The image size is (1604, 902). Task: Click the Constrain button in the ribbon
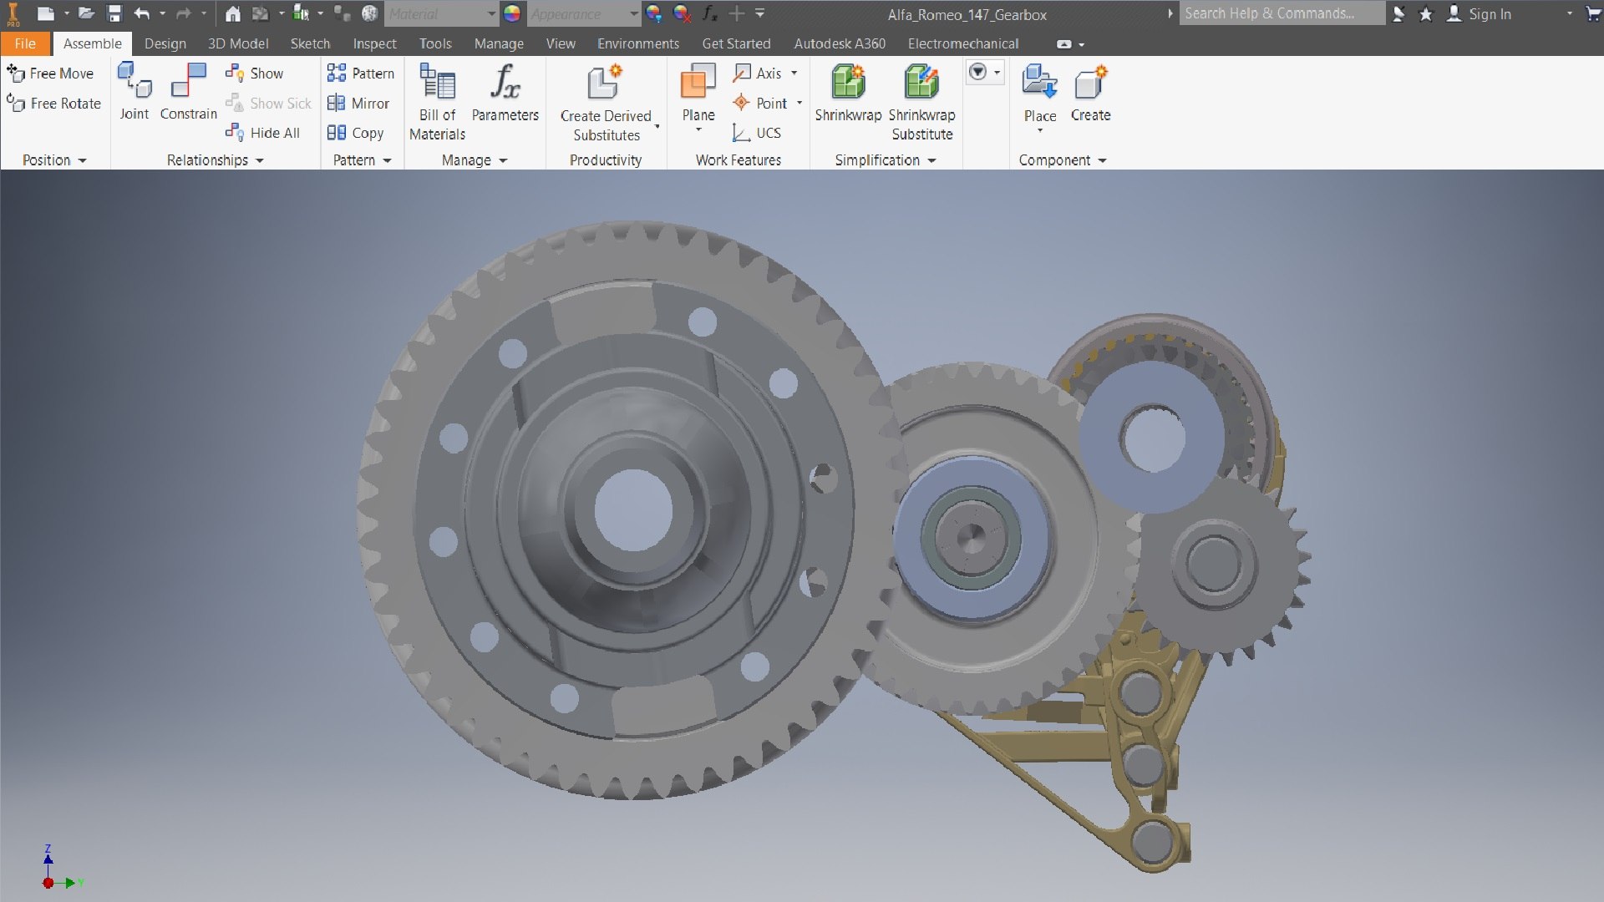click(x=188, y=92)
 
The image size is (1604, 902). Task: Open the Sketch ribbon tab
click(x=310, y=43)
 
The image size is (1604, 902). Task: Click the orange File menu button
click(x=25, y=43)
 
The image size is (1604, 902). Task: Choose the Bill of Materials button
click(x=437, y=100)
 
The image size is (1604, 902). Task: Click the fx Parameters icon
click(x=505, y=83)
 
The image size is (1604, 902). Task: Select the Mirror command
click(x=359, y=104)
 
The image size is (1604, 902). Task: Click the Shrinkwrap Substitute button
click(x=921, y=100)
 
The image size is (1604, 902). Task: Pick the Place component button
click(x=1039, y=92)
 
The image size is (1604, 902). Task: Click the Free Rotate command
click(x=55, y=104)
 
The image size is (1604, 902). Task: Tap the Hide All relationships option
click(x=264, y=133)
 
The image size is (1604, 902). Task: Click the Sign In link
click(x=1489, y=14)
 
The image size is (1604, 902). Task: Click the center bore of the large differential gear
click(x=633, y=510)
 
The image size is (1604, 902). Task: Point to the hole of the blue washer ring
click(x=1154, y=438)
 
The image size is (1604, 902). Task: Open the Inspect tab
click(x=374, y=43)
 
